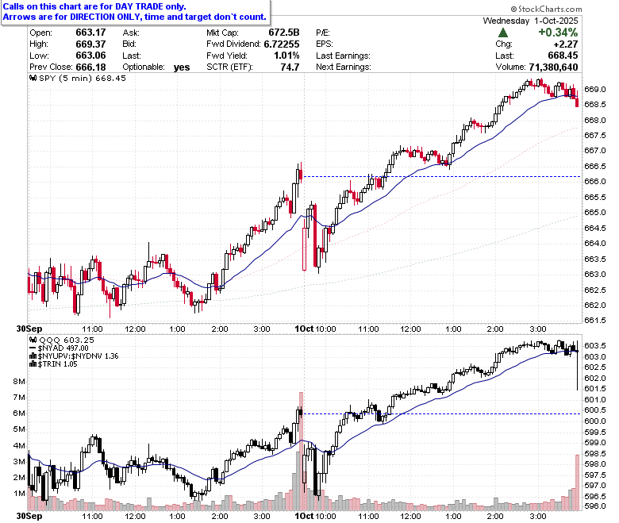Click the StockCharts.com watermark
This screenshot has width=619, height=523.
click(x=546, y=9)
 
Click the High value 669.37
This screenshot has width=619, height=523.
click(x=90, y=44)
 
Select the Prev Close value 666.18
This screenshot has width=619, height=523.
click(x=90, y=67)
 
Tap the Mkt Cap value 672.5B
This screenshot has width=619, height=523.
click(x=284, y=33)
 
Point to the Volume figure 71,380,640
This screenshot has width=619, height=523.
click(x=553, y=67)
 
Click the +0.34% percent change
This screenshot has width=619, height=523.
click(x=558, y=32)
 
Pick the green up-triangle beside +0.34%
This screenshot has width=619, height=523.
click(x=503, y=33)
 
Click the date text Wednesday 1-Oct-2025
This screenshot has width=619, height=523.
click(x=530, y=21)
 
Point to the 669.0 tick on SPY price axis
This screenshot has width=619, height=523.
click(x=595, y=89)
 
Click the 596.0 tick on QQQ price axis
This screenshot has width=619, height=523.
click(x=595, y=506)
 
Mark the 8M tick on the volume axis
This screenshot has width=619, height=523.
click(x=19, y=381)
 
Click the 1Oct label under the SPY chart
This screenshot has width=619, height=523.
click(x=304, y=329)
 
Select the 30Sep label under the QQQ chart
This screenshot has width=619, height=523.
click(x=29, y=517)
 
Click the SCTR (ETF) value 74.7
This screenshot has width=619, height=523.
click(x=290, y=67)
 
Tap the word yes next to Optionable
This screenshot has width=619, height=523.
click(x=182, y=67)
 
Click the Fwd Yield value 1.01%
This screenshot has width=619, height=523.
click(x=286, y=56)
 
